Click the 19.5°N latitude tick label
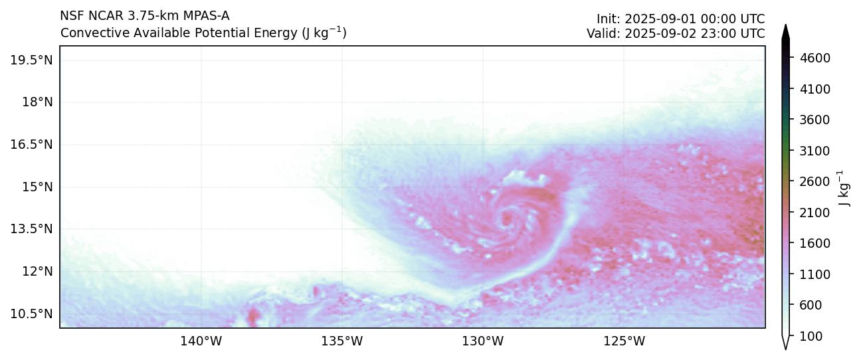pyautogui.click(x=31, y=60)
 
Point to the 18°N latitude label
pyautogui.click(x=37, y=102)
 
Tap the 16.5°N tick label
pyautogui.click(x=31, y=144)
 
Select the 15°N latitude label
pyautogui.click(x=37, y=187)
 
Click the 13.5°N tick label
pyautogui.click(x=31, y=228)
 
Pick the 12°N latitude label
pyautogui.click(x=37, y=271)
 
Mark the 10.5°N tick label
pyautogui.click(x=31, y=314)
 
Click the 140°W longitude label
pyautogui.click(x=201, y=341)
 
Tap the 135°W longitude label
pyautogui.click(x=342, y=341)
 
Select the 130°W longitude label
pyautogui.click(x=483, y=341)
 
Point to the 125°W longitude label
pyautogui.click(x=624, y=341)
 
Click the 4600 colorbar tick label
pyautogui.click(x=816, y=58)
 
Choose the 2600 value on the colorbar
pyautogui.click(x=816, y=181)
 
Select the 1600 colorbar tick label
pyautogui.click(x=816, y=243)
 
